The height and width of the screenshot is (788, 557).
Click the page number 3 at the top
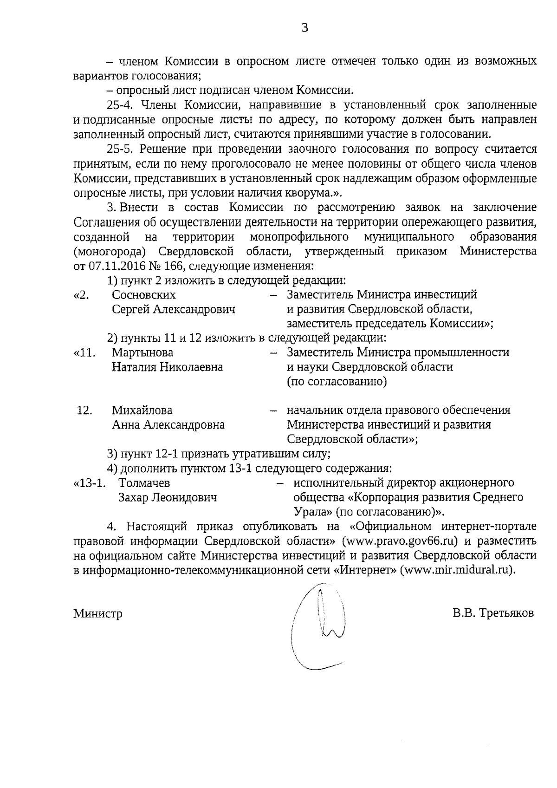click(x=305, y=28)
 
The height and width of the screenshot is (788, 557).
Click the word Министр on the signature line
click(x=98, y=614)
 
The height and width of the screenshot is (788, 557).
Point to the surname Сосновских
click(x=144, y=295)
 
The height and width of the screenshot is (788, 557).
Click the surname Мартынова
click(x=142, y=352)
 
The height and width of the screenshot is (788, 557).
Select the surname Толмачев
click(x=144, y=483)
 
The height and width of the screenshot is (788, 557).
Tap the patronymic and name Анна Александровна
click(x=168, y=425)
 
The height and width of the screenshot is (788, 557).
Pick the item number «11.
click(x=84, y=352)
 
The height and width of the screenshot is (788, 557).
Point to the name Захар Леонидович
click(x=168, y=498)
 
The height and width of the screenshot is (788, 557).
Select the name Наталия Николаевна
click(x=167, y=367)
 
